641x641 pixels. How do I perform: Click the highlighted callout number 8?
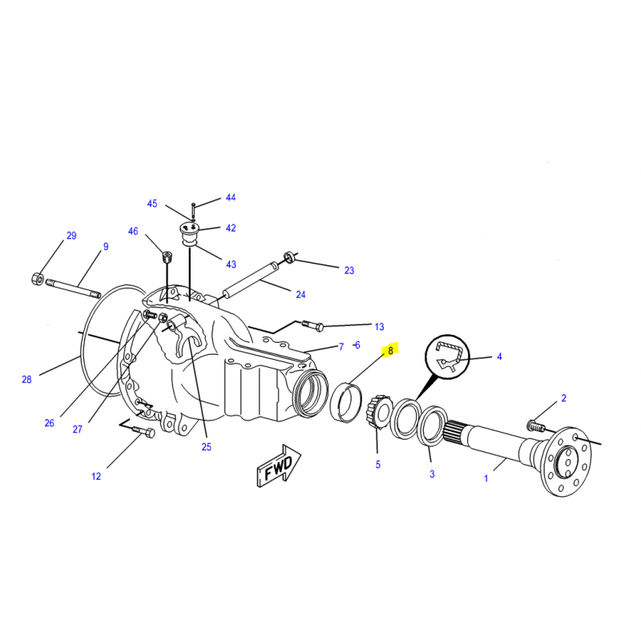390,350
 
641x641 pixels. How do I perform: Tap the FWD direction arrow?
279,466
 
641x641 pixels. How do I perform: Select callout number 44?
231,197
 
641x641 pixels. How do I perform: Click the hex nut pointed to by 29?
38,279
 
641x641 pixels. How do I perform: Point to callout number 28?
26,379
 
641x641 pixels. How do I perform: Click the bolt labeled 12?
143,432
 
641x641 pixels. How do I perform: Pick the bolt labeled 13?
312,325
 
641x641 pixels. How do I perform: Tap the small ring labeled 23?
289,257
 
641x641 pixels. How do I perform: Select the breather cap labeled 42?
189,232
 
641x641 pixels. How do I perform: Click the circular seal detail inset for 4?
447,357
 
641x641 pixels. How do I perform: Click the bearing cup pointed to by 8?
346,402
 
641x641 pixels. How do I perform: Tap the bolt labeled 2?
536,426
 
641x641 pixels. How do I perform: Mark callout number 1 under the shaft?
486,478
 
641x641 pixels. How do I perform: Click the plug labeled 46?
167,257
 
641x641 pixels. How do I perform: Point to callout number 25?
207,447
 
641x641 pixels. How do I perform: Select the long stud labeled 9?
74,288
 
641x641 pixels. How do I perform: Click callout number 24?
301,294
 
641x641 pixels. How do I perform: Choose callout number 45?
152,204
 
